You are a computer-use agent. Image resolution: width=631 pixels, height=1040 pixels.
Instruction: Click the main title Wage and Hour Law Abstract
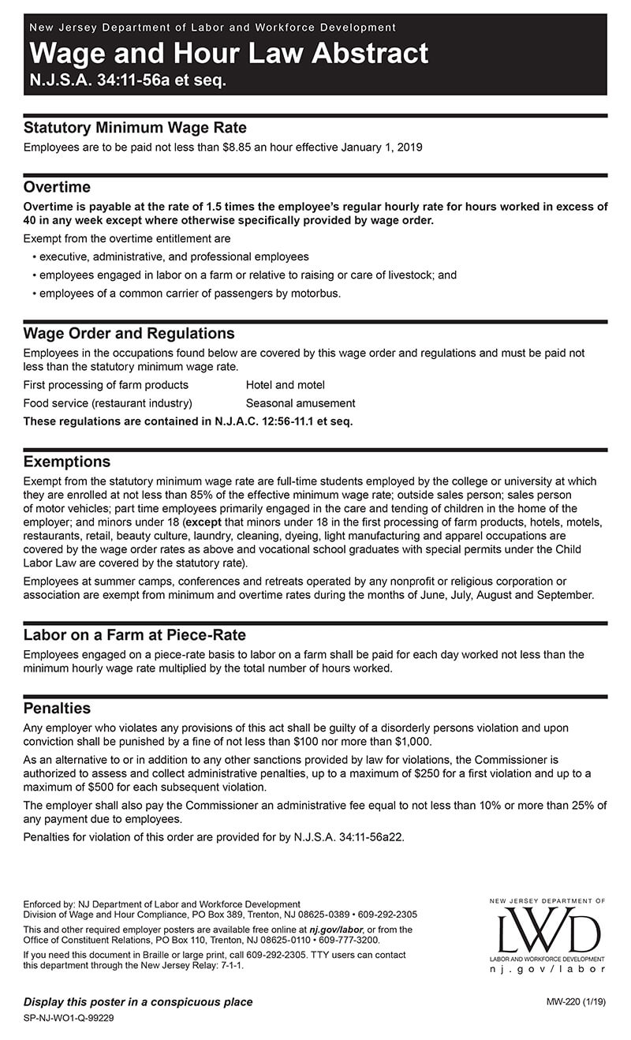point(229,54)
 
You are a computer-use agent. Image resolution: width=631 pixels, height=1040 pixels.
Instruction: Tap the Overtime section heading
point(57,188)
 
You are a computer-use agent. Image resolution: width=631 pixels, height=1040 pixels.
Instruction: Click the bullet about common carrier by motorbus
point(190,294)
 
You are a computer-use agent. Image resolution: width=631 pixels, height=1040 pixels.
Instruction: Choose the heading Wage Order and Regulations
point(129,334)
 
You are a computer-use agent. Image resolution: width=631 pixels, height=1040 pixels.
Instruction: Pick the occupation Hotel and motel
point(285,385)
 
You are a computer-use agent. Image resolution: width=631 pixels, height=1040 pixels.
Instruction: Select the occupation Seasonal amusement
point(301,403)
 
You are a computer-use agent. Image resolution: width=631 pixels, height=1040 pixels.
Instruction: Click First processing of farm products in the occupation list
point(106,385)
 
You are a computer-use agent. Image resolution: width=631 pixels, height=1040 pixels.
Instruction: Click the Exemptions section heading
point(67,462)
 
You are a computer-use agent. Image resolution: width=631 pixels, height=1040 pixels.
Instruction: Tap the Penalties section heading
point(57,709)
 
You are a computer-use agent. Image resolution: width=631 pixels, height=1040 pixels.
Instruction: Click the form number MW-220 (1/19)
point(576,1002)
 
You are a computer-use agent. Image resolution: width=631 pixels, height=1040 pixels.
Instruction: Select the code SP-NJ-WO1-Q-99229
point(69,1018)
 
